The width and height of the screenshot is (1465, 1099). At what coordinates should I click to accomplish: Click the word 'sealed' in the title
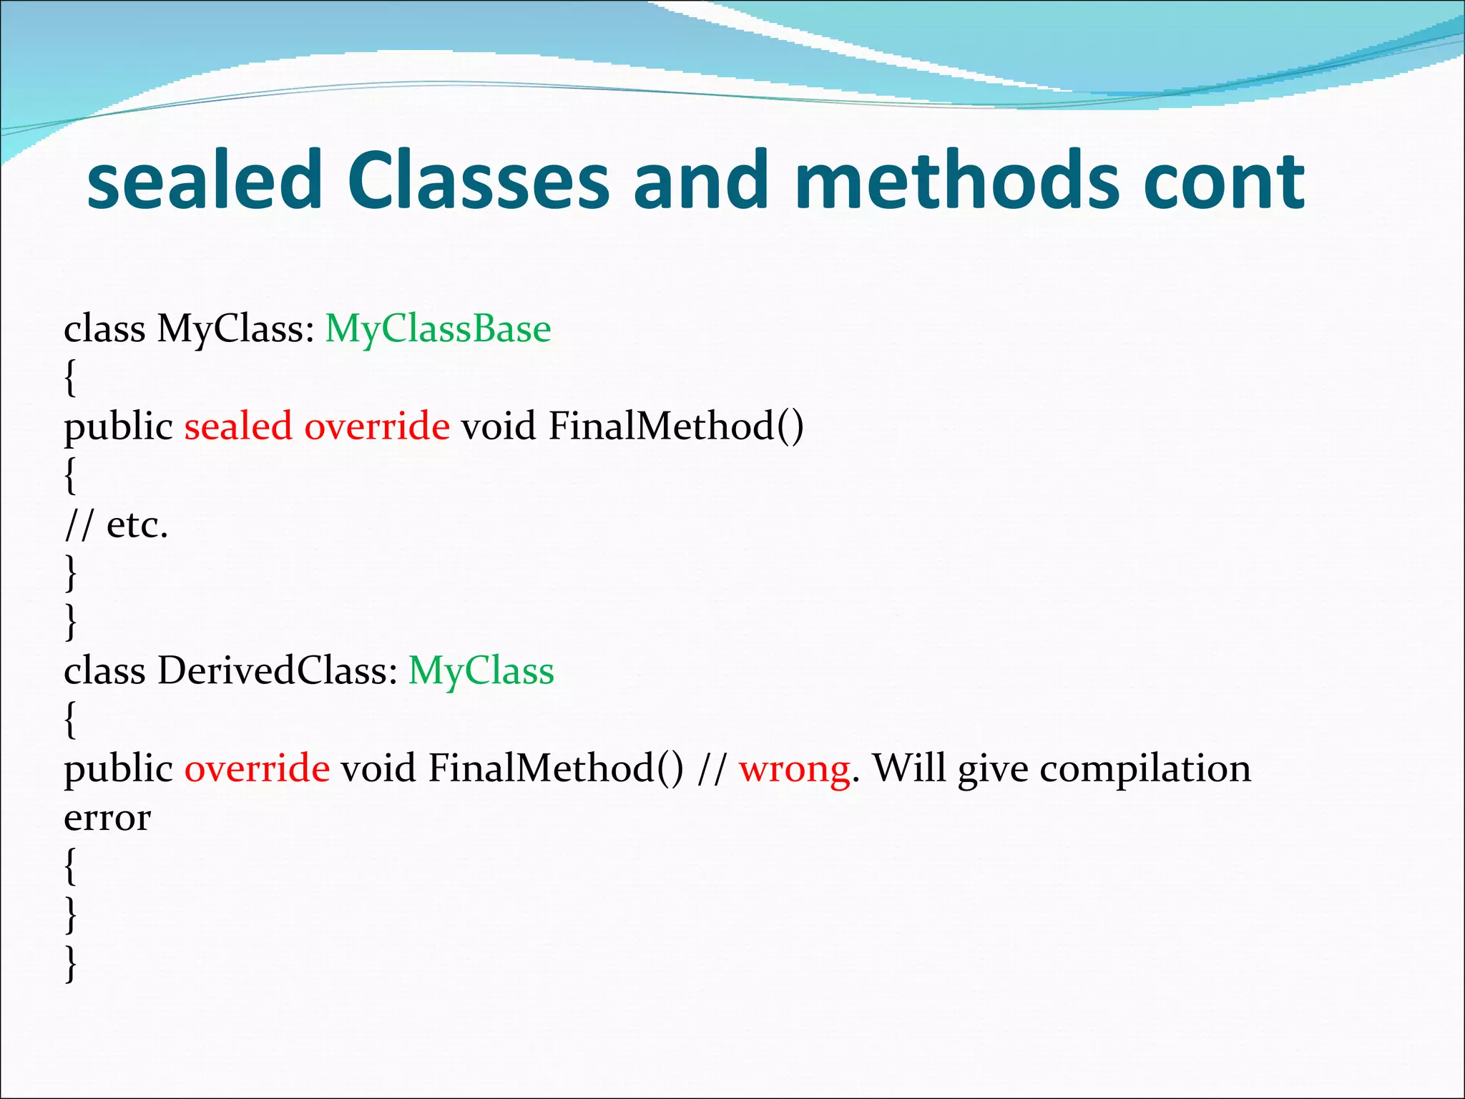(205, 180)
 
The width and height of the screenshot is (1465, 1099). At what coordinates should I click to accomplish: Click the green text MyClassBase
(438, 330)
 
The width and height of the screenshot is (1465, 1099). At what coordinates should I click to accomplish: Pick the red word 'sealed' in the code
(238, 426)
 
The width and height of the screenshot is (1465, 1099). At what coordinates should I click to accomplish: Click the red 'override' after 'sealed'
(377, 426)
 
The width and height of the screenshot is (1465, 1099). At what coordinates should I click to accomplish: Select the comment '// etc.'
(116, 525)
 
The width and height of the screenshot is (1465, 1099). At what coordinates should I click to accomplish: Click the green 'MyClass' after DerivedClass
(481, 671)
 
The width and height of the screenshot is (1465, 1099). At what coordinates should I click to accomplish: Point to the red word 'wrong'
(795, 768)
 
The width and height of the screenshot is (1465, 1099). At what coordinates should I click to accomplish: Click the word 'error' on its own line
(107, 818)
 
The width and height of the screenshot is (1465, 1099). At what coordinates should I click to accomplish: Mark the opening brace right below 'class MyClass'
(70, 378)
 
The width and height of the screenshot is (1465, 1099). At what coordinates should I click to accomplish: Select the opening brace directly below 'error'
(70, 866)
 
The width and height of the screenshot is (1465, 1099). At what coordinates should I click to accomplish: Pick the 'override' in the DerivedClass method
(257, 768)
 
